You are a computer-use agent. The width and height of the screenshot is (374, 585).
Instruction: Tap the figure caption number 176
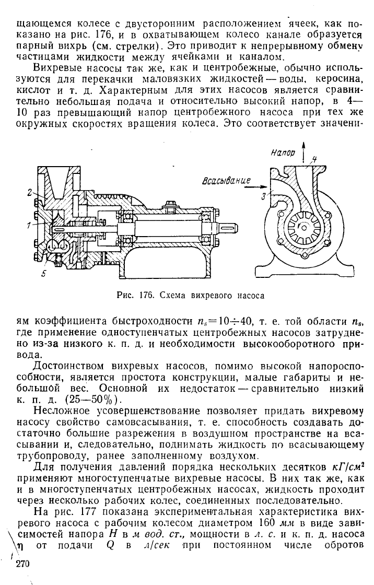[x=147, y=296]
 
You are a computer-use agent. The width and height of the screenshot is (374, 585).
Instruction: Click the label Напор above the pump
[x=283, y=153]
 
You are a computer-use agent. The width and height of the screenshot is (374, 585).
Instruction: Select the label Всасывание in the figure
[x=226, y=181]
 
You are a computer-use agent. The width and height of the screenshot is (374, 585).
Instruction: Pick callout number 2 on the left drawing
[x=29, y=193]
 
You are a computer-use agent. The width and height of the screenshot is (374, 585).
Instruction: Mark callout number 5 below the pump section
[x=43, y=274]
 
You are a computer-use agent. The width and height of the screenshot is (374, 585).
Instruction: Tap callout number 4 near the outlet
[x=314, y=160]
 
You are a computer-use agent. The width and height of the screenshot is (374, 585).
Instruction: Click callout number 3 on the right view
[x=265, y=195]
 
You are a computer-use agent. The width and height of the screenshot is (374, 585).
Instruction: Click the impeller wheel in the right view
[x=302, y=227]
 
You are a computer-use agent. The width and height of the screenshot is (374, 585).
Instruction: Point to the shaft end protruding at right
[x=230, y=229]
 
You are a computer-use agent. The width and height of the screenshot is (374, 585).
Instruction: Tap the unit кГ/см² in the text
[x=347, y=467]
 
